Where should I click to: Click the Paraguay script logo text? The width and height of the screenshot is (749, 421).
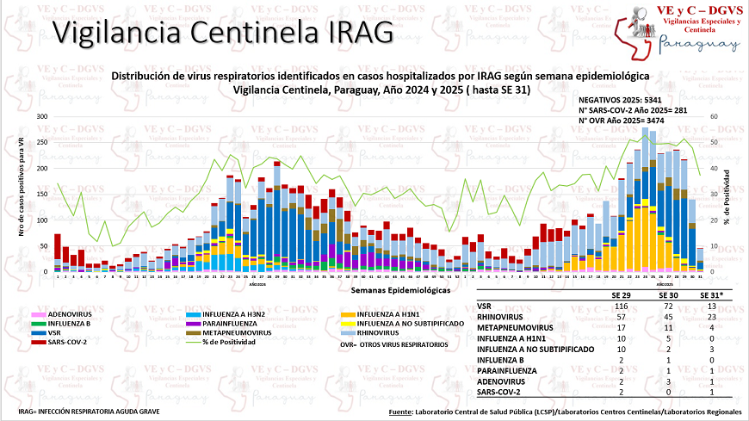click(698, 45)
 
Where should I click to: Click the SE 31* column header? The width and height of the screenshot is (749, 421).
click(711, 295)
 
